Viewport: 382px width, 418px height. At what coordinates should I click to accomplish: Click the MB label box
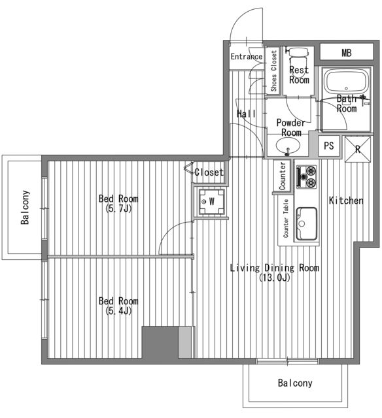tap(347, 52)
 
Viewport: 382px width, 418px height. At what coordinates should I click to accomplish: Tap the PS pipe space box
tap(329, 146)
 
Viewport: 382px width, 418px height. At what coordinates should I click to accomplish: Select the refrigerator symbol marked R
tap(358, 150)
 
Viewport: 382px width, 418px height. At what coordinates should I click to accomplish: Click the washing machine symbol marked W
tap(212, 202)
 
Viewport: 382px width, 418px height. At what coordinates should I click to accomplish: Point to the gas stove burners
tap(307, 176)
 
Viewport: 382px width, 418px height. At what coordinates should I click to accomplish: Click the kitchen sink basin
tap(307, 224)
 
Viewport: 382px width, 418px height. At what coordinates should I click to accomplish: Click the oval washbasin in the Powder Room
tap(288, 146)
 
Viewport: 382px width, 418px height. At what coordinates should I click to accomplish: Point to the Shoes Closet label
tap(273, 71)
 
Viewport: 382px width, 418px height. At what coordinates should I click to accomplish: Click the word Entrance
tap(247, 57)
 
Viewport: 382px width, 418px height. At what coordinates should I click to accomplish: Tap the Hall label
tap(246, 114)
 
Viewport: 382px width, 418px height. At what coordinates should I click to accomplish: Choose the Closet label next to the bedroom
tap(209, 172)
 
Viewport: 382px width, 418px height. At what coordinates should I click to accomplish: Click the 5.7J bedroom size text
tap(118, 209)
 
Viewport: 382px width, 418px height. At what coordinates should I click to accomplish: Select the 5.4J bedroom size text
tap(118, 311)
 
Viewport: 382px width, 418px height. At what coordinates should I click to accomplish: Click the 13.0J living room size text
tap(275, 278)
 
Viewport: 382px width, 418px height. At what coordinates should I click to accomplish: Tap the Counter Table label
tap(286, 218)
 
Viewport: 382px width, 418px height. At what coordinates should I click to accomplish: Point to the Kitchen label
tap(346, 201)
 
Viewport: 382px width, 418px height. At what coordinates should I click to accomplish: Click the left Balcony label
tap(25, 208)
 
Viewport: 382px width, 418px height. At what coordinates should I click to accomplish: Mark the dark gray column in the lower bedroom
tap(160, 342)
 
